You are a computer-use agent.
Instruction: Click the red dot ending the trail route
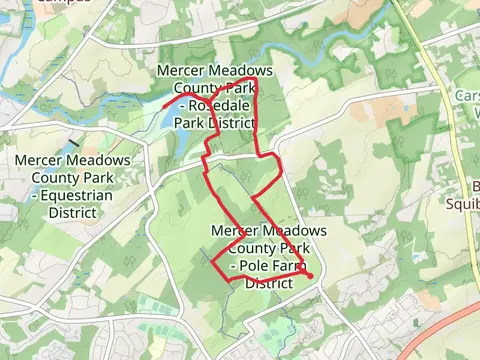pyautogui.click(x=310, y=276)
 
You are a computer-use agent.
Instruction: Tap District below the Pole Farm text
pyautogui.click(x=268, y=283)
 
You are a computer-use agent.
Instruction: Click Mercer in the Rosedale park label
pyautogui.click(x=181, y=70)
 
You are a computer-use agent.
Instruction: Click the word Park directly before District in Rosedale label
pyautogui.click(x=190, y=122)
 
